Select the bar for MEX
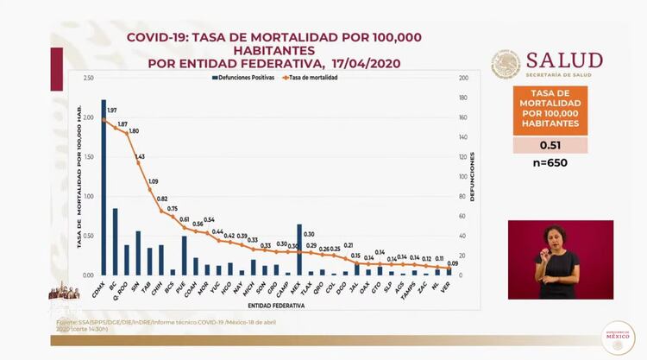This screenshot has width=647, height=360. coord(299,249)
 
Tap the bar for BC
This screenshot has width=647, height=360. coord(115,242)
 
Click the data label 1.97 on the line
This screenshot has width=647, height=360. coord(112,111)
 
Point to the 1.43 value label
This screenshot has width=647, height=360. coord(140,157)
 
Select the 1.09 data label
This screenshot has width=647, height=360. coord(154,181)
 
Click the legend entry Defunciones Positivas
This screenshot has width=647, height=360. coord(246,77)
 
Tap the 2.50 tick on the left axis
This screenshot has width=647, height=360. coord(88,79)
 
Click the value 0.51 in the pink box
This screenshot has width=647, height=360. coord(550,145)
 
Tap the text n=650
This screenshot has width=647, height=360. coord(550,163)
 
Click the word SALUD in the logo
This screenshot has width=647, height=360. coord(564,60)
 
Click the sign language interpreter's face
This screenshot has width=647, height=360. coord(554,237)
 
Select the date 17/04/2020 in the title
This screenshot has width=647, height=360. coord(362,63)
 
